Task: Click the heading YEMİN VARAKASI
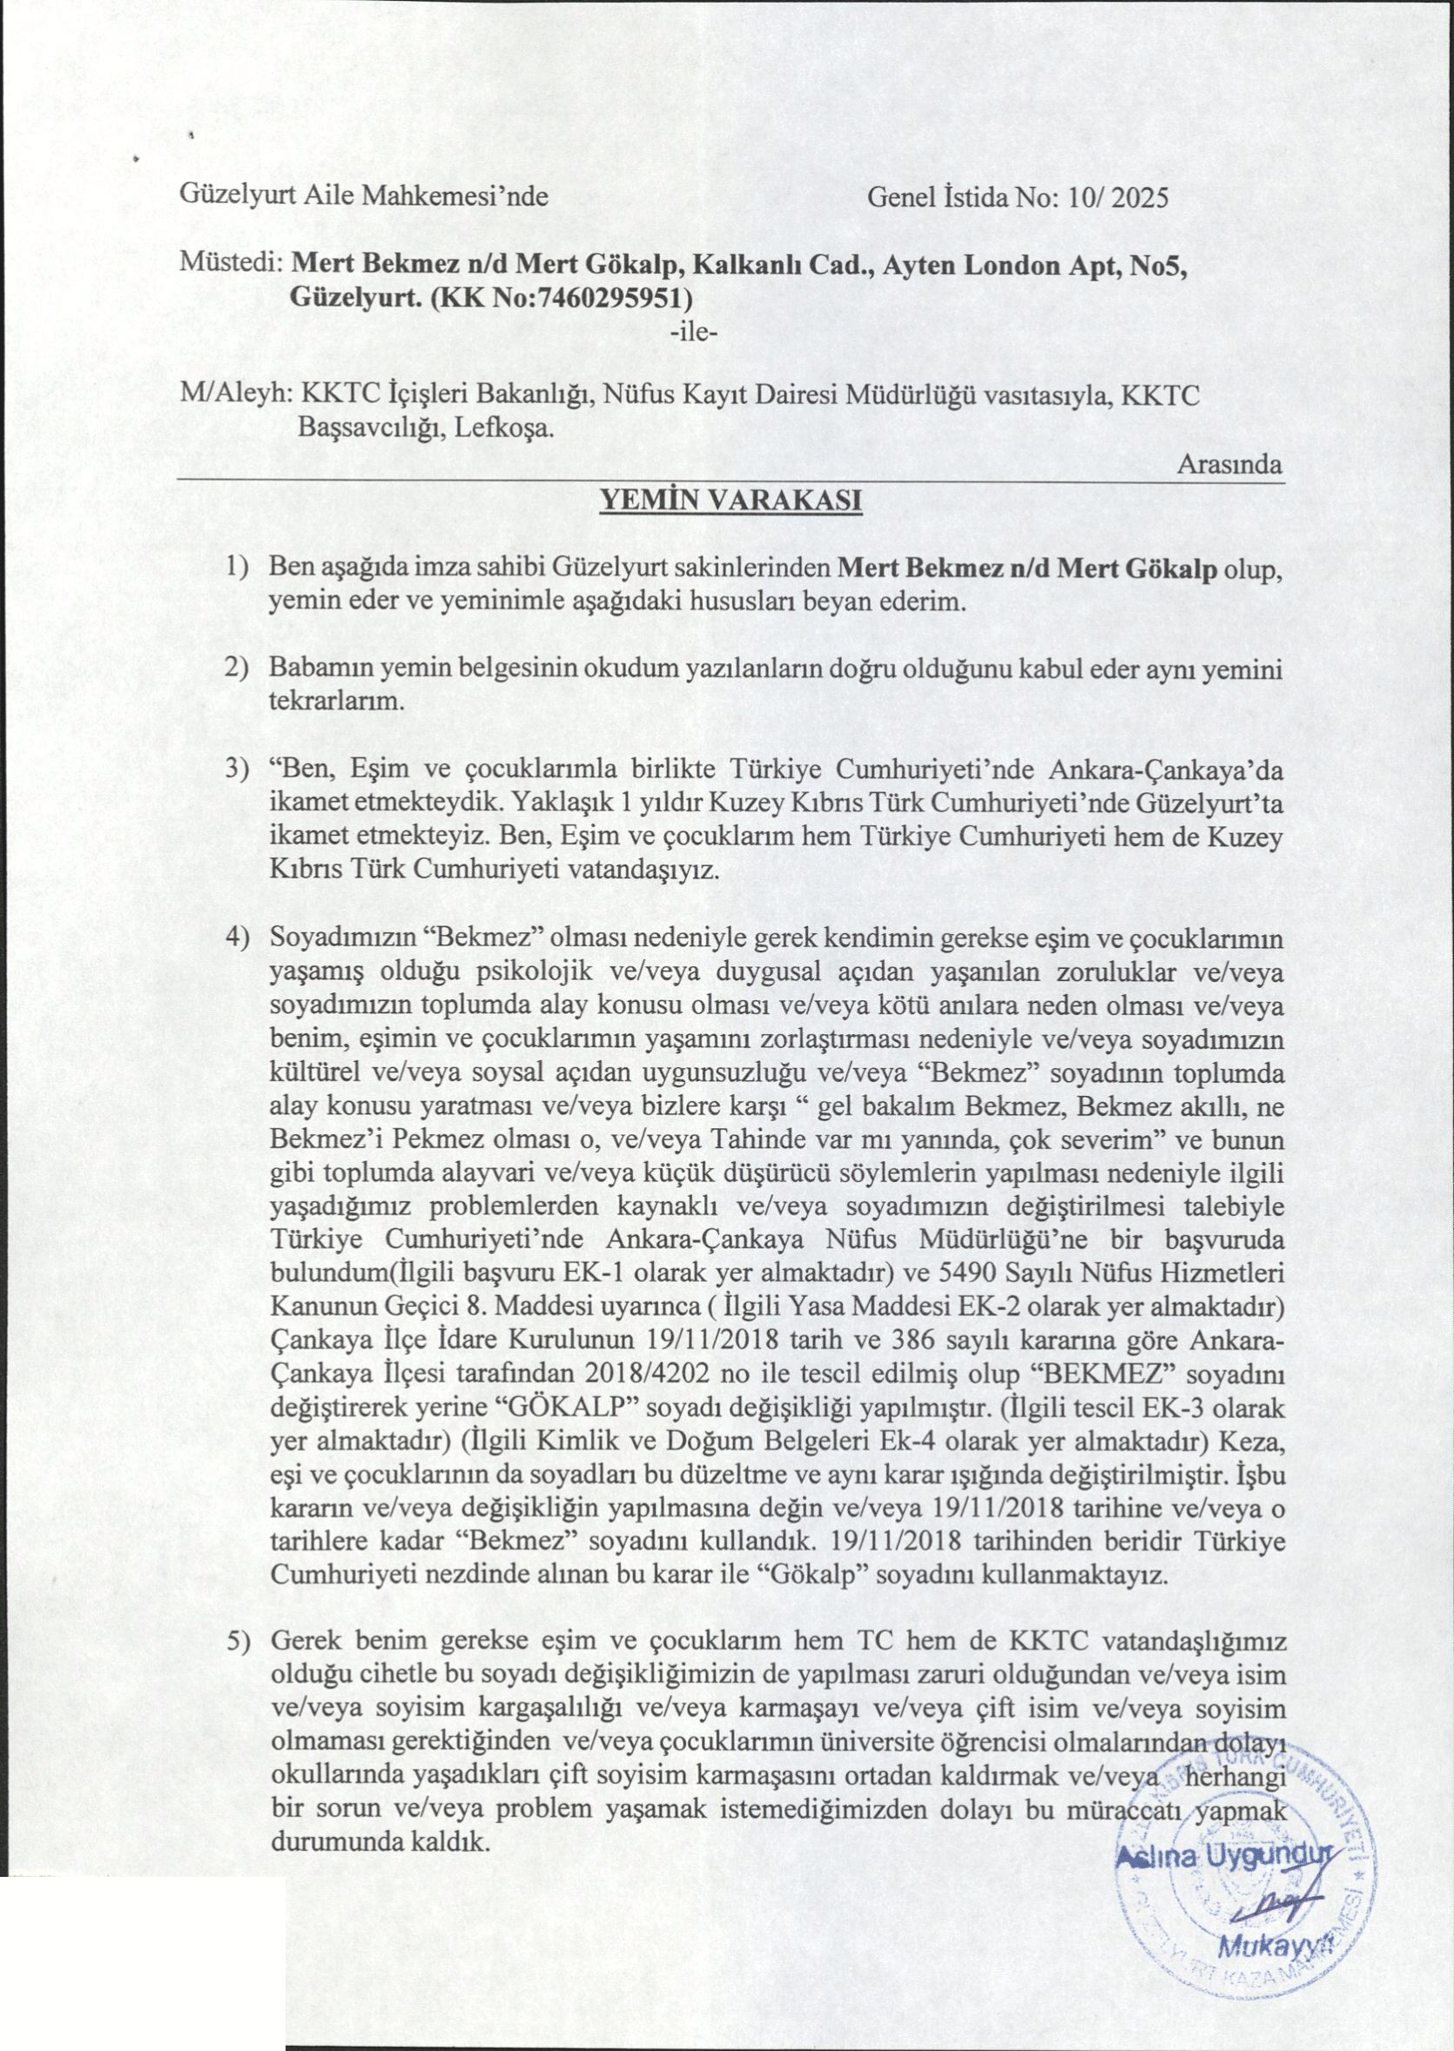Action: [x=730, y=500]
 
